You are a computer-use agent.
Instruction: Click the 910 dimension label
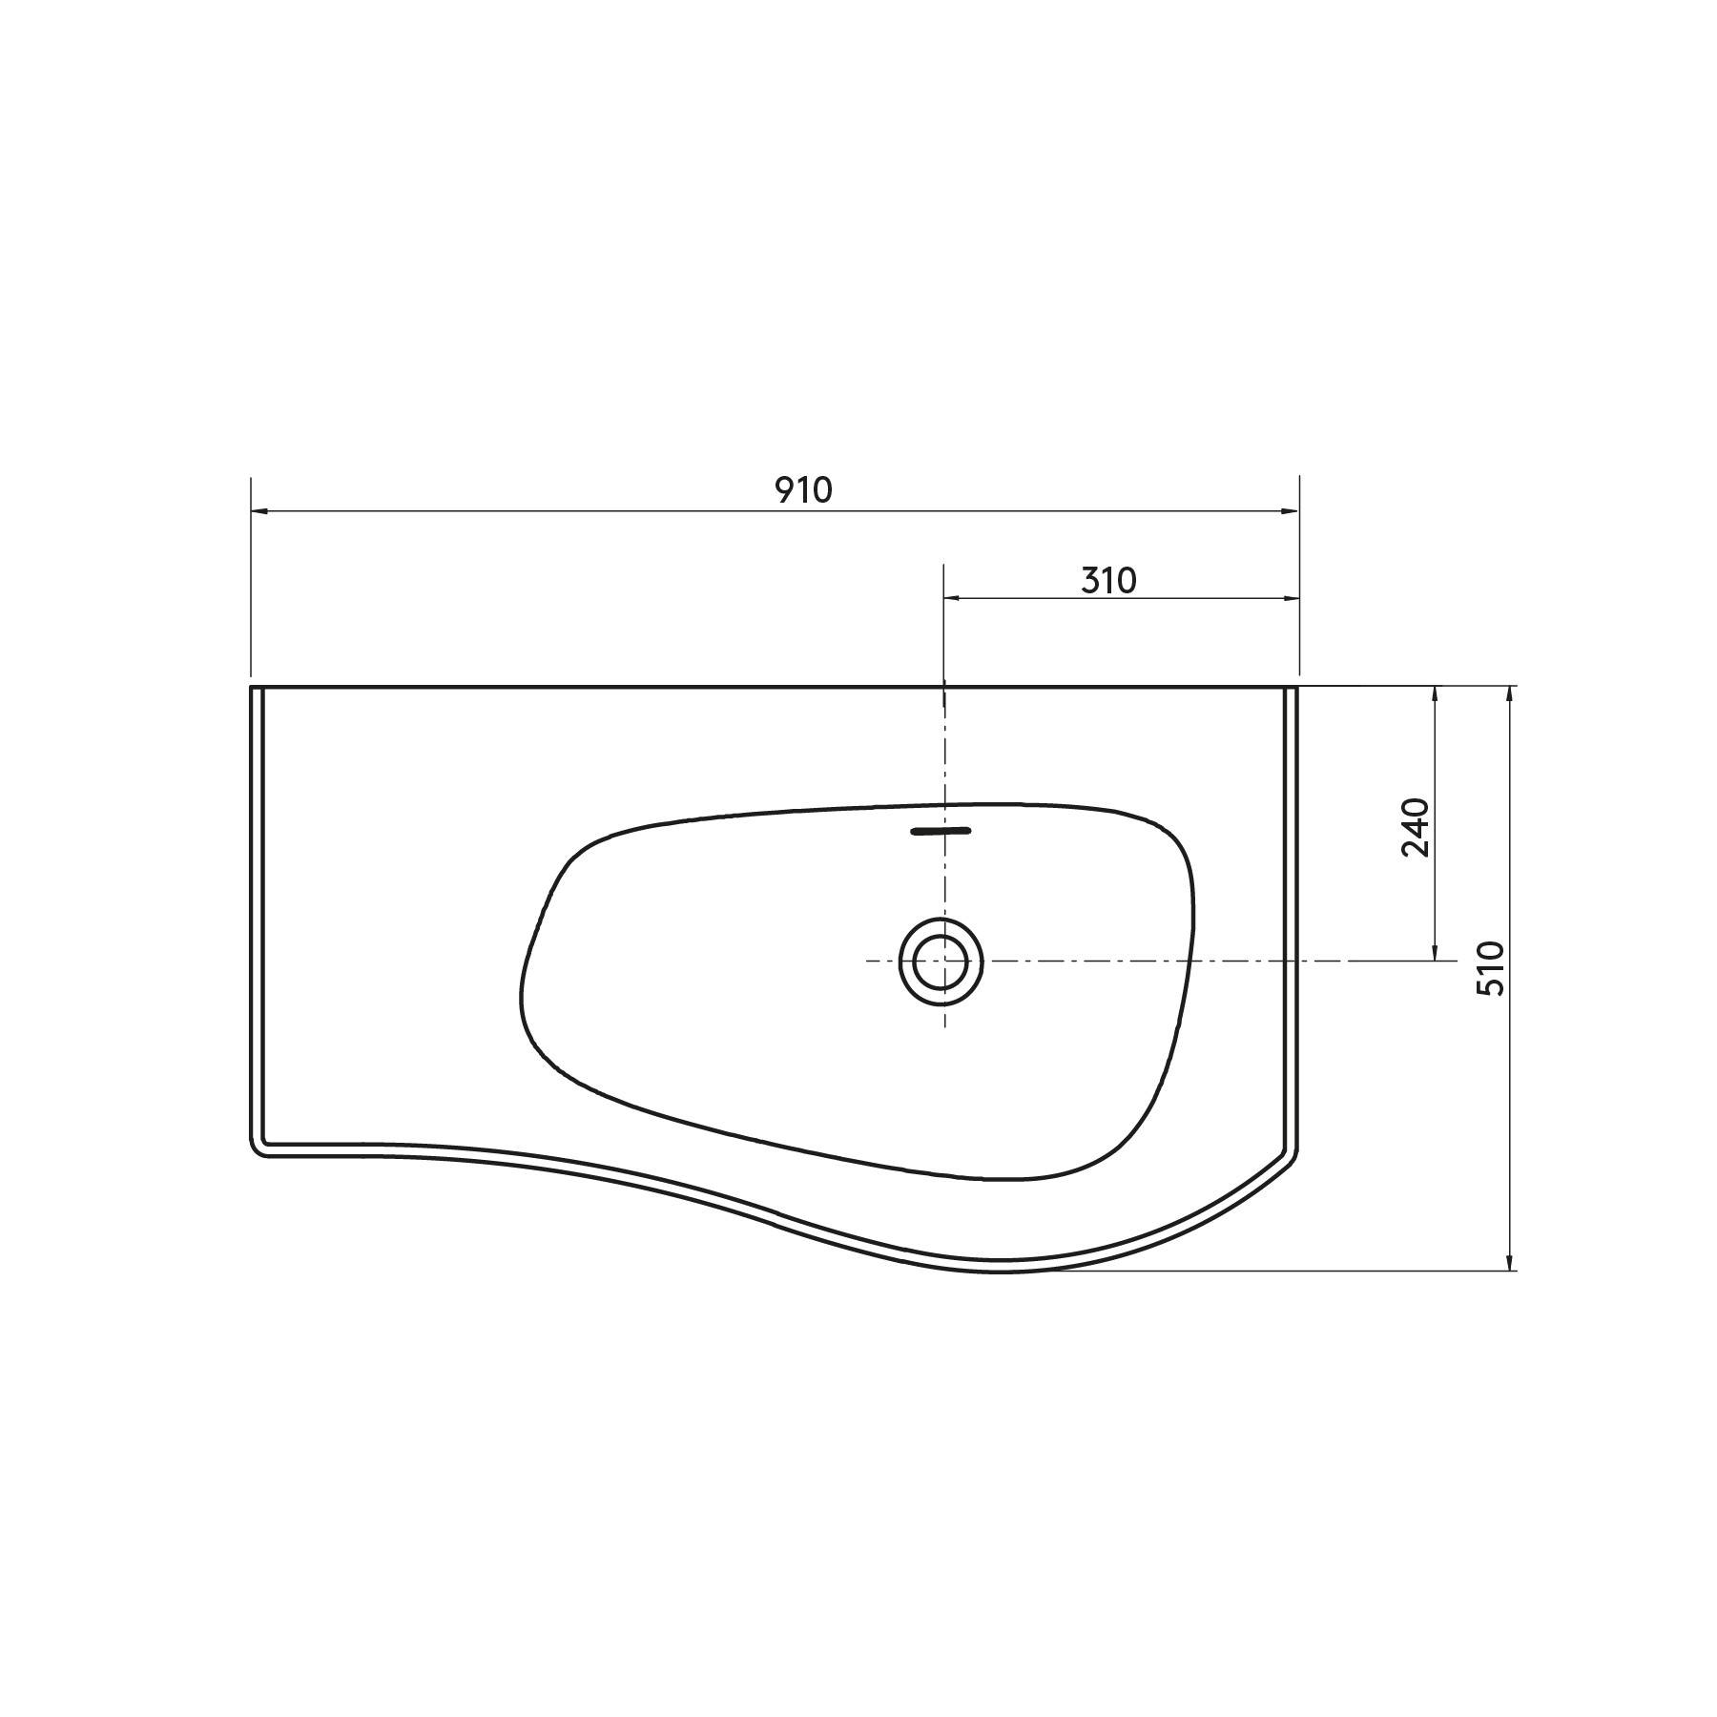802,490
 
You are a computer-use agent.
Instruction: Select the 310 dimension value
1108,580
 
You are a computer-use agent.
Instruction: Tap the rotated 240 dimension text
1416,826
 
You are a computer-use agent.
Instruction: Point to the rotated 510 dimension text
1490,968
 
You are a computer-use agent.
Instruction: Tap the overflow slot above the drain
941,831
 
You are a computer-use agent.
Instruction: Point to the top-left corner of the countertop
252,687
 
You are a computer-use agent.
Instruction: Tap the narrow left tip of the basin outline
524,992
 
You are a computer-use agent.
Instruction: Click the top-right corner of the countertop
1297,687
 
